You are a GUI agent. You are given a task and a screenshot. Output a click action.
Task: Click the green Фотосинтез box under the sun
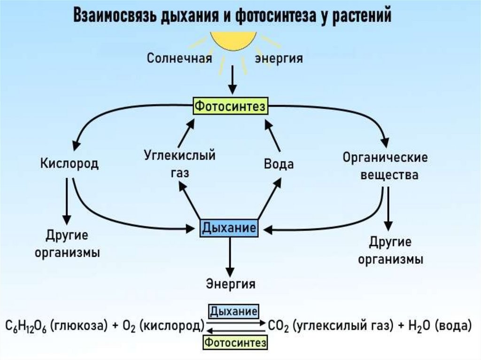tap(230, 106)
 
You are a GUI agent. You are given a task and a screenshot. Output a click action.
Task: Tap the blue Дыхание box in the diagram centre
tap(229, 229)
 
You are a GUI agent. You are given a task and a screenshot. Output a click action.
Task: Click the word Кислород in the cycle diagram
tap(69, 164)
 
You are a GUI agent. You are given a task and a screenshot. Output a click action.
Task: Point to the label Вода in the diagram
tap(279, 164)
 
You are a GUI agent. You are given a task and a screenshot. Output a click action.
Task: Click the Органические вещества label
tap(385, 166)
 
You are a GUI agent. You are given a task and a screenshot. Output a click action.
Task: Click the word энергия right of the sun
tap(279, 59)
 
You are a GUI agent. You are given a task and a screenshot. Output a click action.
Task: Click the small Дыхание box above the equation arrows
tap(233, 311)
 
